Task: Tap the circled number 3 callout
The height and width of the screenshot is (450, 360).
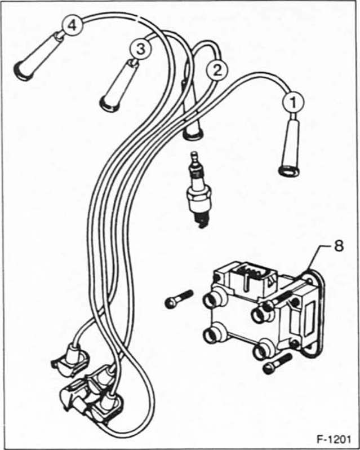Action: (139, 49)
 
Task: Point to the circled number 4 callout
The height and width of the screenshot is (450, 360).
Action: (72, 25)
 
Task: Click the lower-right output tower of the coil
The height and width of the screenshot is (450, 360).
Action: (263, 351)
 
